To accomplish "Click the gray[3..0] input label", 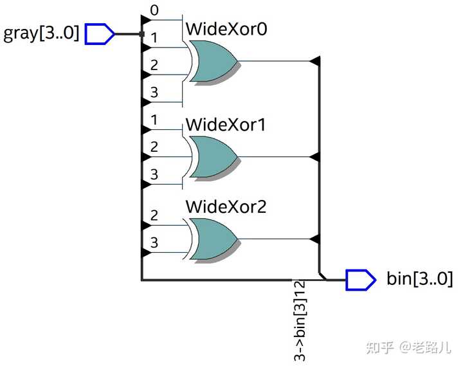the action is click(x=41, y=33).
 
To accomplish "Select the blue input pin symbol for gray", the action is click(x=99, y=34).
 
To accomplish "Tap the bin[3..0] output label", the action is click(x=419, y=279).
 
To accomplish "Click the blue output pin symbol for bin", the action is click(x=361, y=279).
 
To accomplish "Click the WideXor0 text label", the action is click(x=226, y=29).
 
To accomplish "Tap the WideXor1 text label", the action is click(x=226, y=125).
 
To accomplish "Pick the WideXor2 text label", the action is click(x=226, y=206).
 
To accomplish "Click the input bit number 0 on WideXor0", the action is click(x=154, y=10).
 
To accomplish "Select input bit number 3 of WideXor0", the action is click(x=154, y=92).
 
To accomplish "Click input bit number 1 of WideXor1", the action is click(x=154, y=120).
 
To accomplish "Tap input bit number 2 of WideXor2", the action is click(x=154, y=215).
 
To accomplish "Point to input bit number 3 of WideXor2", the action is click(x=154, y=242).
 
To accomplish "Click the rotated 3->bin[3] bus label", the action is click(x=300, y=320).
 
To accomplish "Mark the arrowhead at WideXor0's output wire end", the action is click(x=314, y=61).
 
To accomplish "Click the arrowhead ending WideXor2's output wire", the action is click(x=314, y=239).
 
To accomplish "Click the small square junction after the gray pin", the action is click(x=141, y=34).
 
